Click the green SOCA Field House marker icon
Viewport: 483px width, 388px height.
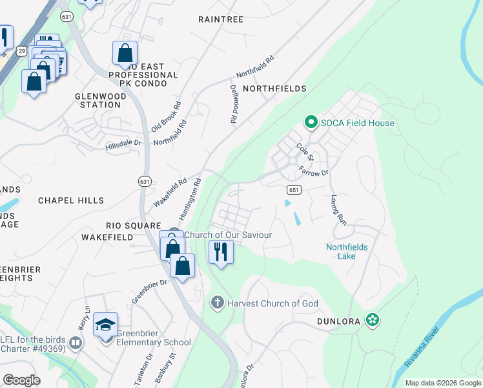(311, 122)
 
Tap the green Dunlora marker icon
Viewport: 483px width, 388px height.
(372, 319)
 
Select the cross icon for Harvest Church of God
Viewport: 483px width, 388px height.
(218, 303)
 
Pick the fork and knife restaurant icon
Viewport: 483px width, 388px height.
(221, 250)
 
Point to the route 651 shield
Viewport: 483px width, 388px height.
(293, 189)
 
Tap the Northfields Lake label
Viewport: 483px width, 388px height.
(349, 251)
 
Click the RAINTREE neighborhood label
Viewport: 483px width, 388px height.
(221, 19)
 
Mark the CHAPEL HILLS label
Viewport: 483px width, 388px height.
(71, 200)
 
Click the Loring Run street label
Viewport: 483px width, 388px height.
(338, 210)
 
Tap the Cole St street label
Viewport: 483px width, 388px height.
(305, 153)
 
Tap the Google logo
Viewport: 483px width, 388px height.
(21, 380)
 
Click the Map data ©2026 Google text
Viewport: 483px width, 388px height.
(442, 383)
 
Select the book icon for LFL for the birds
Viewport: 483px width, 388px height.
(76, 342)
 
